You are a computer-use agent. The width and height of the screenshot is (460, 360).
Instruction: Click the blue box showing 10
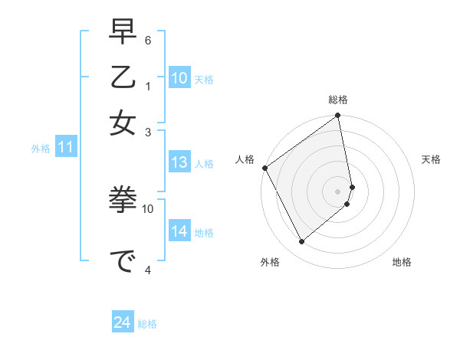[x=179, y=78]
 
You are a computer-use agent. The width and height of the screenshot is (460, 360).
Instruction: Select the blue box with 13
[x=179, y=162]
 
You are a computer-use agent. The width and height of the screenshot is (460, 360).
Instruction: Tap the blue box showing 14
[x=179, y=231]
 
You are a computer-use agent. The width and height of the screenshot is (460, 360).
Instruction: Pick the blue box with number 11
[x=65, y=148]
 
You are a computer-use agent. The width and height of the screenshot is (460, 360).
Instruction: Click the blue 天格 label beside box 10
[x=204, y=79]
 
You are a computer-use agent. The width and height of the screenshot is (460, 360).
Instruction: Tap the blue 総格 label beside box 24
[x=147, y=323]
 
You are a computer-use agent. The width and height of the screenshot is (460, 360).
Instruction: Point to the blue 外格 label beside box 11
[x=40, y=149]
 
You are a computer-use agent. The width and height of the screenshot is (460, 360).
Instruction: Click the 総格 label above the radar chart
[x=338, y=100]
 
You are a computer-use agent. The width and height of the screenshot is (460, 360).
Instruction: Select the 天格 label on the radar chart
[x=432, y=159]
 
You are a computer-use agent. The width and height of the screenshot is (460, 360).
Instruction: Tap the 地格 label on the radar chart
[x=402, y=262]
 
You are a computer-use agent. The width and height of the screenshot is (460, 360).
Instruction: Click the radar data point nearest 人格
[x=265, y=168]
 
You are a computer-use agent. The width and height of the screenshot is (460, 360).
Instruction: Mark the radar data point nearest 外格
[x=302, y=242]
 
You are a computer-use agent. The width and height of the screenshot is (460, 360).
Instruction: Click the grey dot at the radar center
[x=338, y=191]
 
